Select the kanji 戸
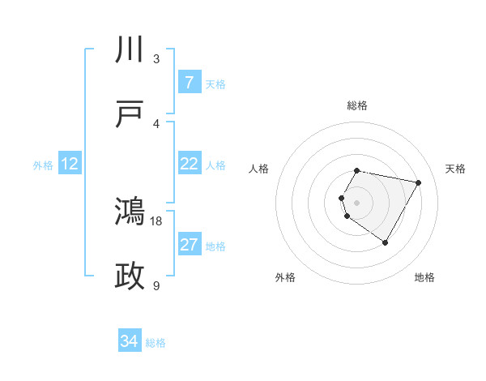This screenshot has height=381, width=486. tap(130, 115)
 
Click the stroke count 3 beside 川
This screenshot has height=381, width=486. tap(156, 58)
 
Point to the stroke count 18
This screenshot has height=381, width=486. tap(157, 220)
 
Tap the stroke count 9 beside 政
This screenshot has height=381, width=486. tap(156, 285)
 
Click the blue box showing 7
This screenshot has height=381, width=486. tap(189, 83)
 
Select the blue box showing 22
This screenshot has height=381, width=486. tap(189, 164)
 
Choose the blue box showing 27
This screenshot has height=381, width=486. tap(189, 245)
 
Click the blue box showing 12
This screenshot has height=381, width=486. tap(70, 164)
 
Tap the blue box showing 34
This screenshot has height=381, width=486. tap(130, 341)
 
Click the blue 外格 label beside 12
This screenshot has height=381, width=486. tap(43, 165)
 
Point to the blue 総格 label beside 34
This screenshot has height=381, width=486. tap(156, 343)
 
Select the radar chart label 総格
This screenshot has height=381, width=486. tap(357, 105)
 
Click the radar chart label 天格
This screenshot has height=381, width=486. tap(455, 169)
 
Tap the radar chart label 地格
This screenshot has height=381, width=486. tap(424, 277)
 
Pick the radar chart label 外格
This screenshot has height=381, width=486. tap(285, 277)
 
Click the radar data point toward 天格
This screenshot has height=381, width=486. tap(419, 182)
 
